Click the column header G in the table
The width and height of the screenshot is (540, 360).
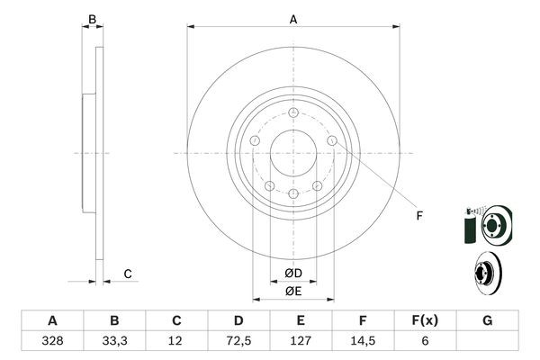(x=487, y=320)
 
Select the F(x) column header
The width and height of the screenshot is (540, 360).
(x=425, y=320)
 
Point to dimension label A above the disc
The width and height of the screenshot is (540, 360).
(x=293, y=19)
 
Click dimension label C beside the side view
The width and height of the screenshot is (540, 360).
(x=128, y=274)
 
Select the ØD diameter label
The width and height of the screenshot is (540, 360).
(x=293, y=274)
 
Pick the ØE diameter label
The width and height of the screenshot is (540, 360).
(x=293, y=291)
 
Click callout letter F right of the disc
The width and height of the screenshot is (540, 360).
(x=418, y=214)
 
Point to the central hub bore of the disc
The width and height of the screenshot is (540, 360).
(x=293, y=153)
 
